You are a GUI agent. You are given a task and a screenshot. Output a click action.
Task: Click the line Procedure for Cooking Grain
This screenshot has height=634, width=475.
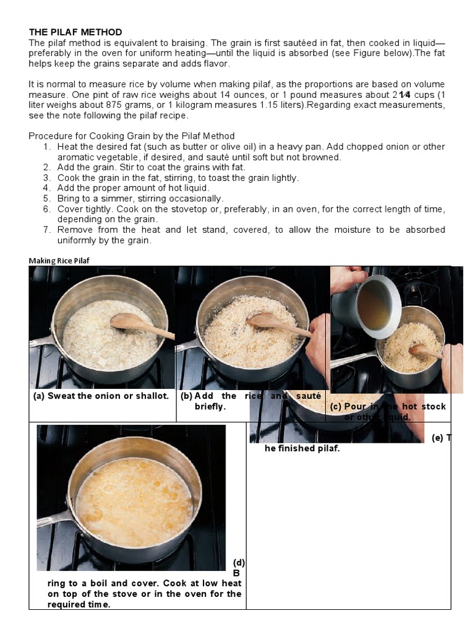coord(132,136)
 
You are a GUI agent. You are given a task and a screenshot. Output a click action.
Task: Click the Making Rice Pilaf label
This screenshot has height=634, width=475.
coord(59,261)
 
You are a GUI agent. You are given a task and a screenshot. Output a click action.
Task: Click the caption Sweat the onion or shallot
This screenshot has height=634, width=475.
coord(101,396)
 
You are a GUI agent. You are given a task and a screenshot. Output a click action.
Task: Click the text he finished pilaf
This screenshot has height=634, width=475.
coord(302,448)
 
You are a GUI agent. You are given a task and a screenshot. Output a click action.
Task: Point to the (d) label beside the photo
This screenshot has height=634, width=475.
coord(239,563)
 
